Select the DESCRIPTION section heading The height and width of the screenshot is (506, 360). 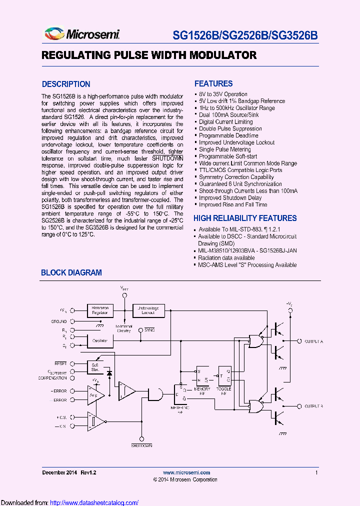pyautogui.click(x=66, y=84)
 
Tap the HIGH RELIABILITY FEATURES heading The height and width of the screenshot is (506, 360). pyautogui.click(x=245, y=218)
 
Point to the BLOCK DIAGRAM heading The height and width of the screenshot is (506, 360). pyautogui.click(x=71, y=272)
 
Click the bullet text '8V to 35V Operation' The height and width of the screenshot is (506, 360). pyautogui.click(x=223, y=94)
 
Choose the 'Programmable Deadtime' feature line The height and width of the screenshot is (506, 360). pyautogui.click(x=228, y=135)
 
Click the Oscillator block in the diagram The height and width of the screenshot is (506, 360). pyautogui.click(x=100, y=340)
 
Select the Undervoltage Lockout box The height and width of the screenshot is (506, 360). pyautogui.click(x=148, y=310)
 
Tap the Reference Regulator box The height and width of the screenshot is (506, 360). pyautogui.click(x=100, y=310)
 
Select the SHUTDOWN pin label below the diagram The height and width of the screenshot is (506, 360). pyautogui.click(x=141, y=444)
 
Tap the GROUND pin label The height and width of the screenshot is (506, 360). pyautogui.click(x=58, y=321)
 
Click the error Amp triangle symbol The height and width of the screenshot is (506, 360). pyautogui.click(x=94, y=395)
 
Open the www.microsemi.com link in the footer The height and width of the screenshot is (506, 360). pyautogui.click(x=186, y=472)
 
